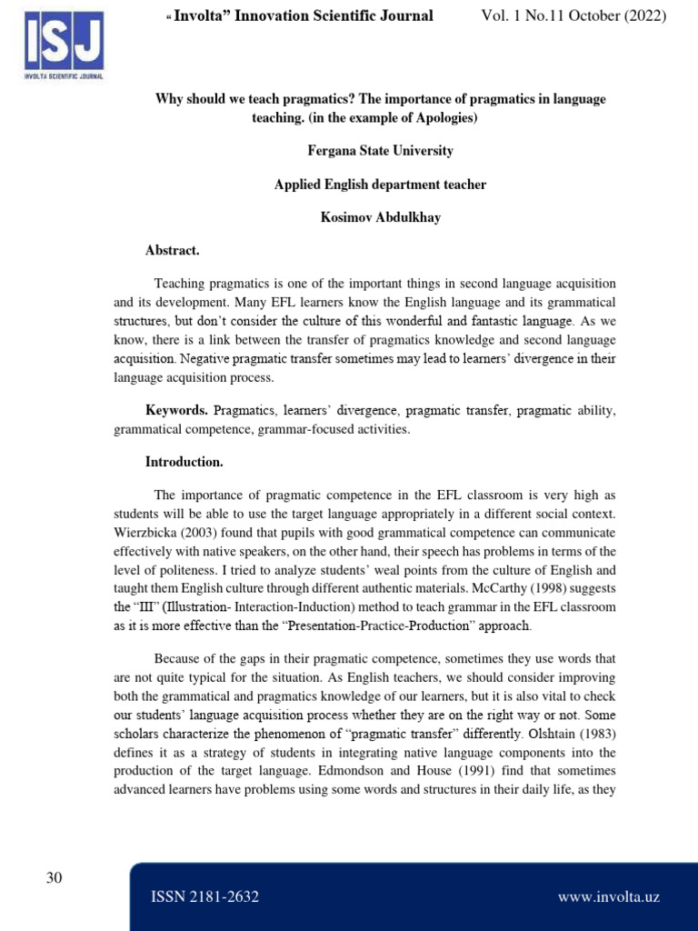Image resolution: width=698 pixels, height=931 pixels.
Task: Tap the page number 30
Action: pos(54,877)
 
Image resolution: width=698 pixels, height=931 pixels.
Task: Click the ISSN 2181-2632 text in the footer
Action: pos(204,897)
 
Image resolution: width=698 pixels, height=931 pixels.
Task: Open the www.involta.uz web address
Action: pos(608,897)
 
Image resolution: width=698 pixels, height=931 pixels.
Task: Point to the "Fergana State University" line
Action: pos(380,151)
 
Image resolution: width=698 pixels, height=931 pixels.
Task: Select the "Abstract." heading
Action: pos(172,250)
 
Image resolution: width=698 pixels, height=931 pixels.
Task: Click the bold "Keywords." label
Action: pos(177,411)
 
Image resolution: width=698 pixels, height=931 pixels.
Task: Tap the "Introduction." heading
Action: pos(184,462)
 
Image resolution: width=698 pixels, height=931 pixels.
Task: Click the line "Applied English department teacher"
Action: pos(380,185)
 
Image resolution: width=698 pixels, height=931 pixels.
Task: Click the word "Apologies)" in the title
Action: pos(445,118)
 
